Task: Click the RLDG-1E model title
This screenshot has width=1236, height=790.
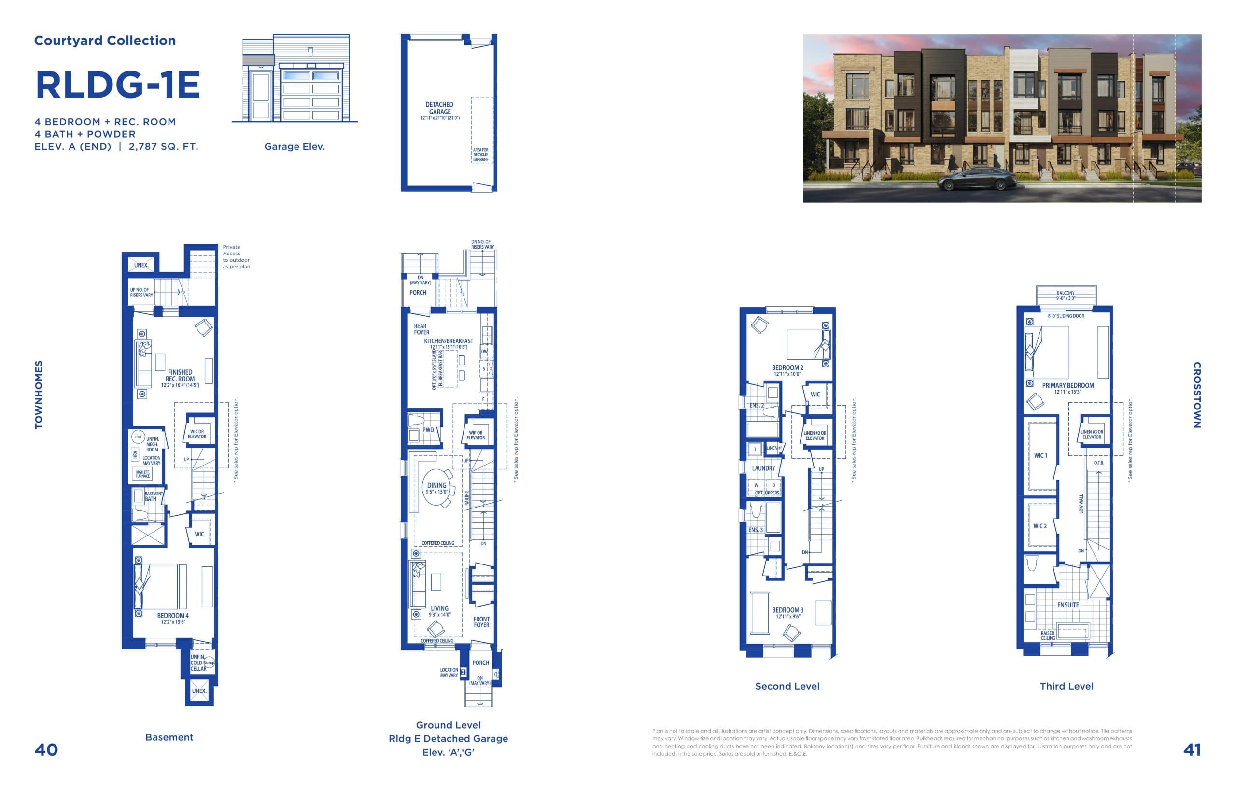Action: click(117, 85)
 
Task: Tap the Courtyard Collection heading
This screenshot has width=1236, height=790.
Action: click(105, 41)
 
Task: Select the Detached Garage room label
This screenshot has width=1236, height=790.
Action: click(440, 108)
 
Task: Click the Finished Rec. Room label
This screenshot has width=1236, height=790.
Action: click(180, 376)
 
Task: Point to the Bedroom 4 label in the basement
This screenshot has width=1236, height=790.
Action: click(173, 616)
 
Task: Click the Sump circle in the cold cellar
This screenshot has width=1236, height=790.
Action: click(210, 663)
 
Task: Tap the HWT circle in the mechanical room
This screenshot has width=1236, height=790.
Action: click(138, 437)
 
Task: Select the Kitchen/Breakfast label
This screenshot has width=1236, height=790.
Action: click(448, 341)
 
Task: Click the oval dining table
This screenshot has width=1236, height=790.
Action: click(437, 488)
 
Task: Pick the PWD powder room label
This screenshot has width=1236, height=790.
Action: click(428, 430)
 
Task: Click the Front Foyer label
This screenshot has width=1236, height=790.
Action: click(481, 621)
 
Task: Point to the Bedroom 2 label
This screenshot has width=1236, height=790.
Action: click(787, 367)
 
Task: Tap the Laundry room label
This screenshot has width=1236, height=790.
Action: click(763, 468)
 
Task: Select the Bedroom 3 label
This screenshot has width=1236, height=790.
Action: click(787, 610)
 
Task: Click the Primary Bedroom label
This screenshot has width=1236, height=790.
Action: click(1067, 385)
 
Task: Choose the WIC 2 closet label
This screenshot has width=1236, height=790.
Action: click(1040, 526)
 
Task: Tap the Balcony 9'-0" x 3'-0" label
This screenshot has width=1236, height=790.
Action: click(1066, 295)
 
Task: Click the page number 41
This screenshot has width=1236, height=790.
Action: click(1192, 750)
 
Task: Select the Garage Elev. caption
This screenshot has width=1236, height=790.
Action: click(294, 147)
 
